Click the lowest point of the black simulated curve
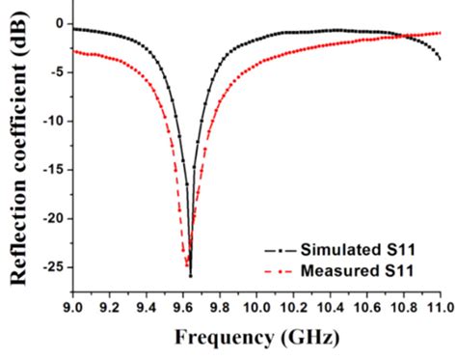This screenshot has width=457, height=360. (190, 276)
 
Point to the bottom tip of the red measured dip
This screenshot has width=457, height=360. (186, 264)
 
